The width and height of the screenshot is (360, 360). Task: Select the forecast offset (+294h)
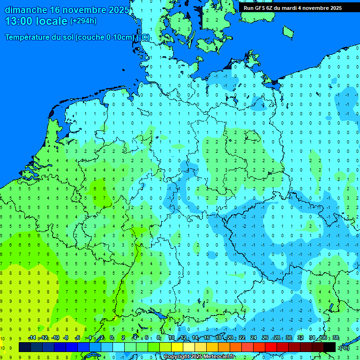tap(83, 21)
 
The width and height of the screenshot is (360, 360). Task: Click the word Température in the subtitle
tap(29, 37)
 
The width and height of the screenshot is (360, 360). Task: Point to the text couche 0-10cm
tap(111, 37)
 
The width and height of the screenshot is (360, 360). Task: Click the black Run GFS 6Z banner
tap(292, 8)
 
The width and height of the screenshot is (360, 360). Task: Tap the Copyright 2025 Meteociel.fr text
tap(199, 357)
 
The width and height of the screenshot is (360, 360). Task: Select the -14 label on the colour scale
tap(32, 338)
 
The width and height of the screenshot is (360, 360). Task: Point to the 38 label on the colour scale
tap(335, 338)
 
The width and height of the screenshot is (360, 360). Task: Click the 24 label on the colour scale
tap(254, 338)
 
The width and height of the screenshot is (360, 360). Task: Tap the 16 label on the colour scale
tap(207, 338)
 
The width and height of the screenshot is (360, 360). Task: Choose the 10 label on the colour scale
tap(172, 338)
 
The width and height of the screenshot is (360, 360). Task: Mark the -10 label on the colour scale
tap(55, 338)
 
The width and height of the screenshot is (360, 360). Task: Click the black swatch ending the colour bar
tap(330, 347)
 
